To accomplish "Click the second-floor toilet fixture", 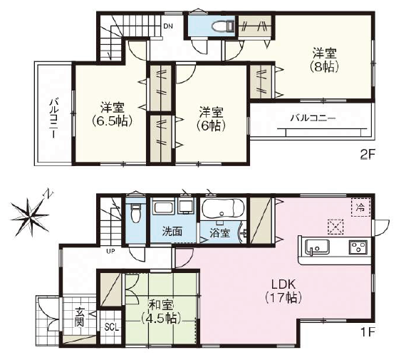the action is point(222,26).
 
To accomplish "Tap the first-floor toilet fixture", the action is point(135,213).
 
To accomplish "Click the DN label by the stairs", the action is point(168,26).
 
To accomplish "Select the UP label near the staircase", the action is point(110,251).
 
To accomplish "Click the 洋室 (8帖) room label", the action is point(324,61).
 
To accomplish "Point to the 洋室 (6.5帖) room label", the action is point(112,114).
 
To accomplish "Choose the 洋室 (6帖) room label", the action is point(211,119).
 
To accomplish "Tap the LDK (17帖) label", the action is point(283,291).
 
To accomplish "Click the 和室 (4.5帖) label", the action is point(161,312).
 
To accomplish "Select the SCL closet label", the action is point(112,327).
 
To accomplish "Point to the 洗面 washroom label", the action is point(172,232).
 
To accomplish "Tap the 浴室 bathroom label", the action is point(220,233).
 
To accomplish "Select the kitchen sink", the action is point(317,247).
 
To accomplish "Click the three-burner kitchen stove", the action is point(358,247).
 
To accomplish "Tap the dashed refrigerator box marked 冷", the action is point(360,207).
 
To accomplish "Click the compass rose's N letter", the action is point(48,194).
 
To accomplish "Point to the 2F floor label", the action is point(368,155).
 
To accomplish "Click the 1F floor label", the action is point(368,333).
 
